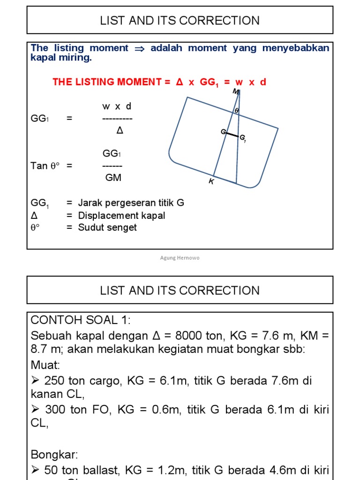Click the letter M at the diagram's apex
tap(235, 91)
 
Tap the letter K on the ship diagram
tap(211, 181)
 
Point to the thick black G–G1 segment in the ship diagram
tap(232, 135)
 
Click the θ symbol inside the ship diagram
tap(236, 111)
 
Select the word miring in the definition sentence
tap(77, 58)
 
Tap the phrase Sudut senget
tap(107, 227)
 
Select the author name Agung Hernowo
tap(180, 258)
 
